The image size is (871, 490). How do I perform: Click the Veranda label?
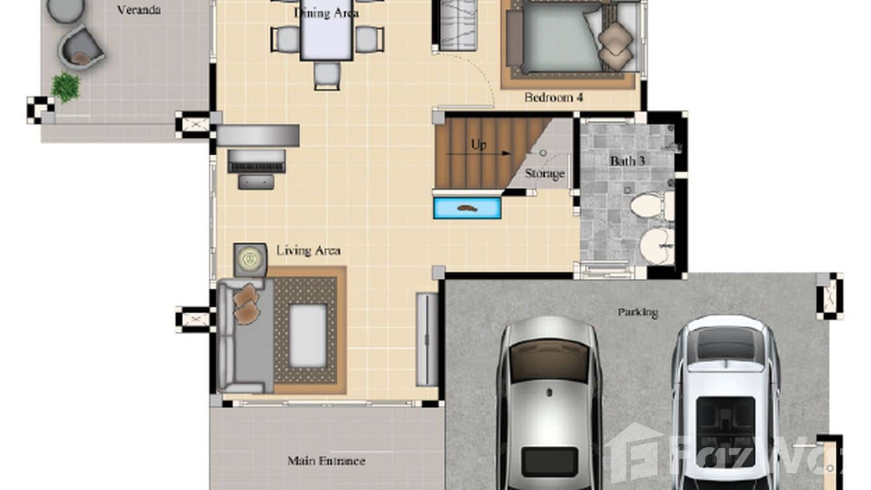click(139, 10)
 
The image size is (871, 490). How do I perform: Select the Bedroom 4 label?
click(554, 97)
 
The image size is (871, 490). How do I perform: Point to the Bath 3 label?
click(627, 160)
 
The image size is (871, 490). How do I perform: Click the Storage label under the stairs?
click(544, 174)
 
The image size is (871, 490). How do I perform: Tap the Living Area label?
click(308, 250)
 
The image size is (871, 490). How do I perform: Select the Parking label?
click(637, 313)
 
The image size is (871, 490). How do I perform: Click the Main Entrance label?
click(326, 461)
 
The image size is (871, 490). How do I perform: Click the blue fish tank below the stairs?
click(467, 209)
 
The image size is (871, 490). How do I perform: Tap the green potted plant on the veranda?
click(66, 86)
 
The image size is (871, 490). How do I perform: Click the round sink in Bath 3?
click(656, 246)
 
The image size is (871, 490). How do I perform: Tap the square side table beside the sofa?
click(249, 259)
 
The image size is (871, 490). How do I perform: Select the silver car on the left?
click(549, 403)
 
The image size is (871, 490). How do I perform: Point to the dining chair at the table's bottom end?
click(326, 75)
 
